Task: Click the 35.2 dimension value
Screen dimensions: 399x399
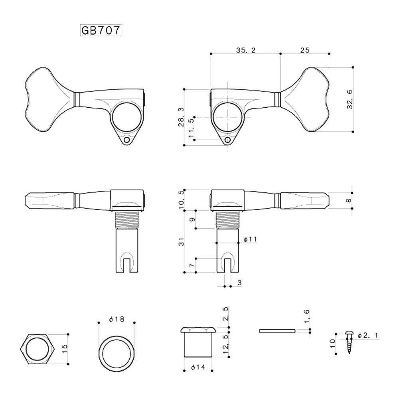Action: click(245, 50)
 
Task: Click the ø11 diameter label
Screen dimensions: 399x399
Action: click(250, 239)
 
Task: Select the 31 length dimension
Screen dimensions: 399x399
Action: click(181, 241)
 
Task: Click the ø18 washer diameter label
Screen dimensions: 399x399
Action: click(117, 319)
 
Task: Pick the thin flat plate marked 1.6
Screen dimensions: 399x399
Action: click(277, 331)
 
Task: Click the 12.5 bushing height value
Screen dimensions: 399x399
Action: click(225, 344)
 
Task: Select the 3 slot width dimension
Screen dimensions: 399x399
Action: click(239, 282)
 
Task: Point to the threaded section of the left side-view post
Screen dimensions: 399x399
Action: click(126, 219)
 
